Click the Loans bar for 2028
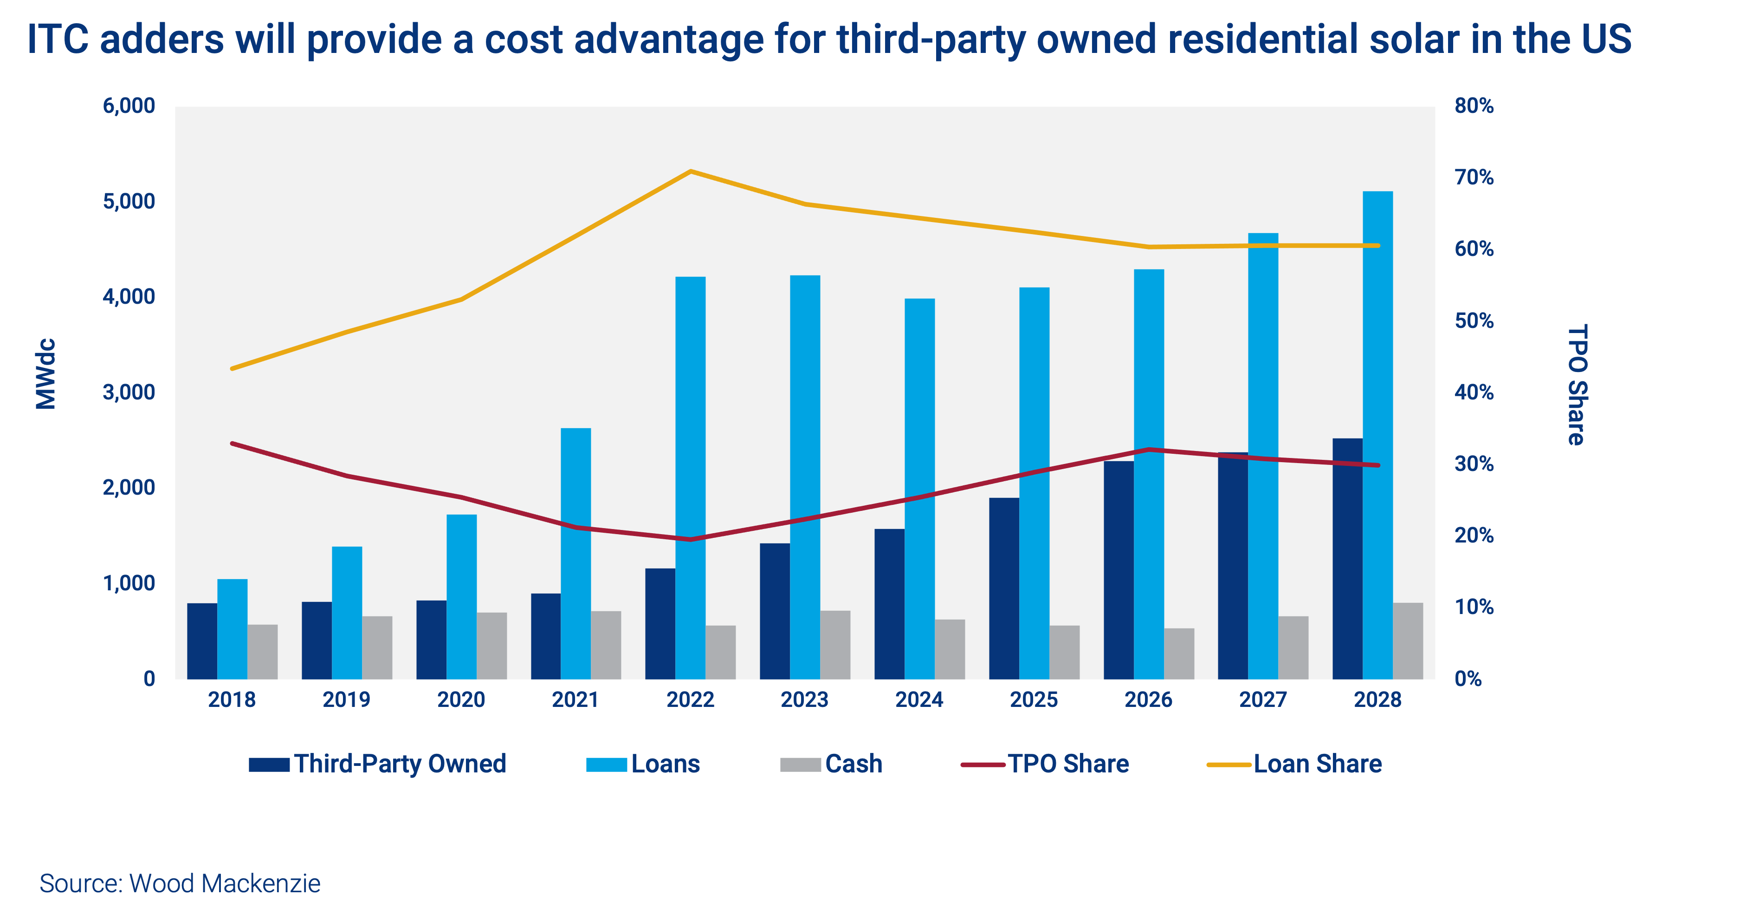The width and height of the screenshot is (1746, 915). coord(1377,434)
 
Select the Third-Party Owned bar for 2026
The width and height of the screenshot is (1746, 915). coord(1119,570)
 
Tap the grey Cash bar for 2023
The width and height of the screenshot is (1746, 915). coord(835,644)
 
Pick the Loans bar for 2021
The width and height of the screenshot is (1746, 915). coord(576,553)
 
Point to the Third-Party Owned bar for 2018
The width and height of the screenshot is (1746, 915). coord(202,641)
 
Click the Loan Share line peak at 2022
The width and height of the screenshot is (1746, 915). coord(690,171)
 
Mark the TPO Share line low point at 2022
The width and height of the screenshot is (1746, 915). coord(690,539)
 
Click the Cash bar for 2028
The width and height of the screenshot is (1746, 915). coord(1408,640)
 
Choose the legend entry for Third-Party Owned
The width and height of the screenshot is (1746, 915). coord(377,764)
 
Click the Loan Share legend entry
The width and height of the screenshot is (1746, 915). coord(1294,764)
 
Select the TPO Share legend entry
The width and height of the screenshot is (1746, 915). coord(1045,764)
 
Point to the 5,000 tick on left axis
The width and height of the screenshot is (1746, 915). coord(129,202)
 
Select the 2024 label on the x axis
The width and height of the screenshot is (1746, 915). coord(919,699)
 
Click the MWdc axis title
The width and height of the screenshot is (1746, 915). coord(46,374)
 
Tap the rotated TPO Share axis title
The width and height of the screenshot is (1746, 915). coord(1577,385)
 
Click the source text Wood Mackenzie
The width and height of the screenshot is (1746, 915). coord(180,883)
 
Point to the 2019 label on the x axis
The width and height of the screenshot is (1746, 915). coord(346,699)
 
